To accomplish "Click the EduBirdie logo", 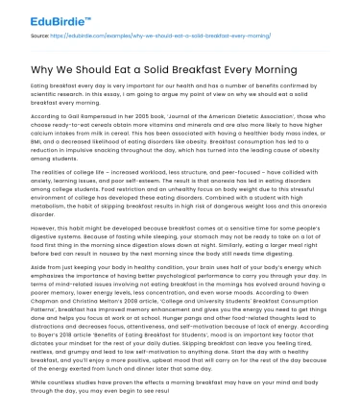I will coord(39,16).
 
